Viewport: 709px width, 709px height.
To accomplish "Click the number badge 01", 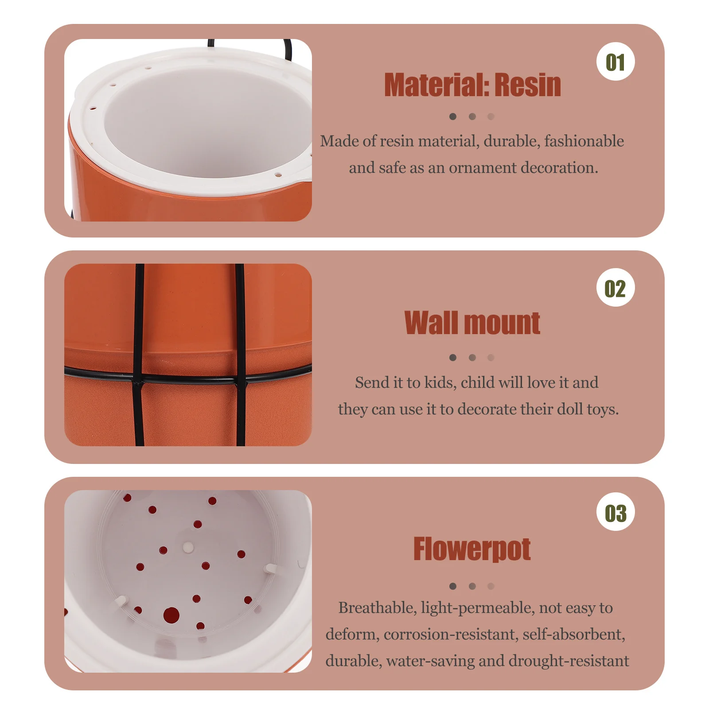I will tap(616, 62).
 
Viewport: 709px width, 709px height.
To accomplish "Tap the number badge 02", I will tap(616, 288).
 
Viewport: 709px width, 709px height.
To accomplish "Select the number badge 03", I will tap(616, 512).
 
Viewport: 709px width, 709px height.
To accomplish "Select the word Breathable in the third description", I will tap(378, 608).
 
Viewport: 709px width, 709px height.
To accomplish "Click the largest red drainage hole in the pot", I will tap(171, 615).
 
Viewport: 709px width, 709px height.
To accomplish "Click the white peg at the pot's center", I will tap(188, 548).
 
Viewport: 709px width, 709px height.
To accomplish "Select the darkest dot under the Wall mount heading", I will tap(452, 357).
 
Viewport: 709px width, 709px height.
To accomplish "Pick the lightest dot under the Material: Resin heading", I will tap(491, 117).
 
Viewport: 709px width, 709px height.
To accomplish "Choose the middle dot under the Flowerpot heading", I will tap(472, 586).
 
